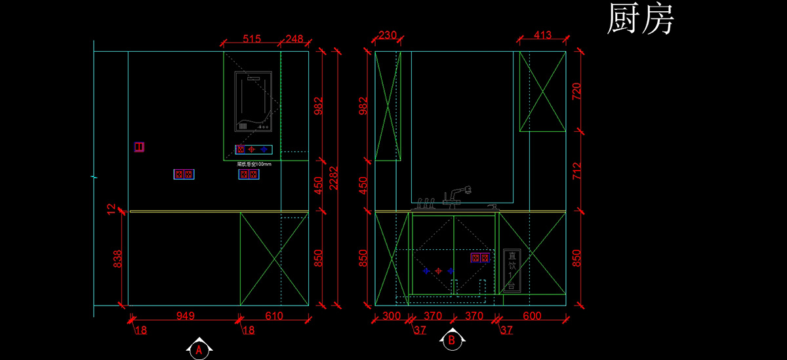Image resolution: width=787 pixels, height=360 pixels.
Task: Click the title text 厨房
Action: (x=640, y=19)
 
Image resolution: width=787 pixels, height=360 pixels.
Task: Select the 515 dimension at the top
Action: (x=251, y=39)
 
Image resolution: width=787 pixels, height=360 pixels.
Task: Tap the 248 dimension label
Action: (x=294, y=39)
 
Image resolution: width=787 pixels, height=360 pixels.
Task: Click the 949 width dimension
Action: (x=186, y=316)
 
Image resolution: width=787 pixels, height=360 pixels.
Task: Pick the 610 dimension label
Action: (x=273, y=316)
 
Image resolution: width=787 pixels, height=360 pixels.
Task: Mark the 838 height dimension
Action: (x=117, y=259)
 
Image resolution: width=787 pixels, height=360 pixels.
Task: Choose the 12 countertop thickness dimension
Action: (x=111, y=209)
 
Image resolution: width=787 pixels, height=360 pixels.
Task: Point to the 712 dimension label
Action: (x=577, y=170)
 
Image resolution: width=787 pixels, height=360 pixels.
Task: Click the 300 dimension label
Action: (x=391, y=316)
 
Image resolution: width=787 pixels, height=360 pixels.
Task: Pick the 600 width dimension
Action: (x=532, y=316)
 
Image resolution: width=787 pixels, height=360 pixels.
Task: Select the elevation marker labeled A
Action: (x=199, y=350)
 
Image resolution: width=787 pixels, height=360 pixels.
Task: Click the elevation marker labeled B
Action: (x=451, y=340)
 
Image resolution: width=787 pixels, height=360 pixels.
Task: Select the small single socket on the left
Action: (x=139, y=147)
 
